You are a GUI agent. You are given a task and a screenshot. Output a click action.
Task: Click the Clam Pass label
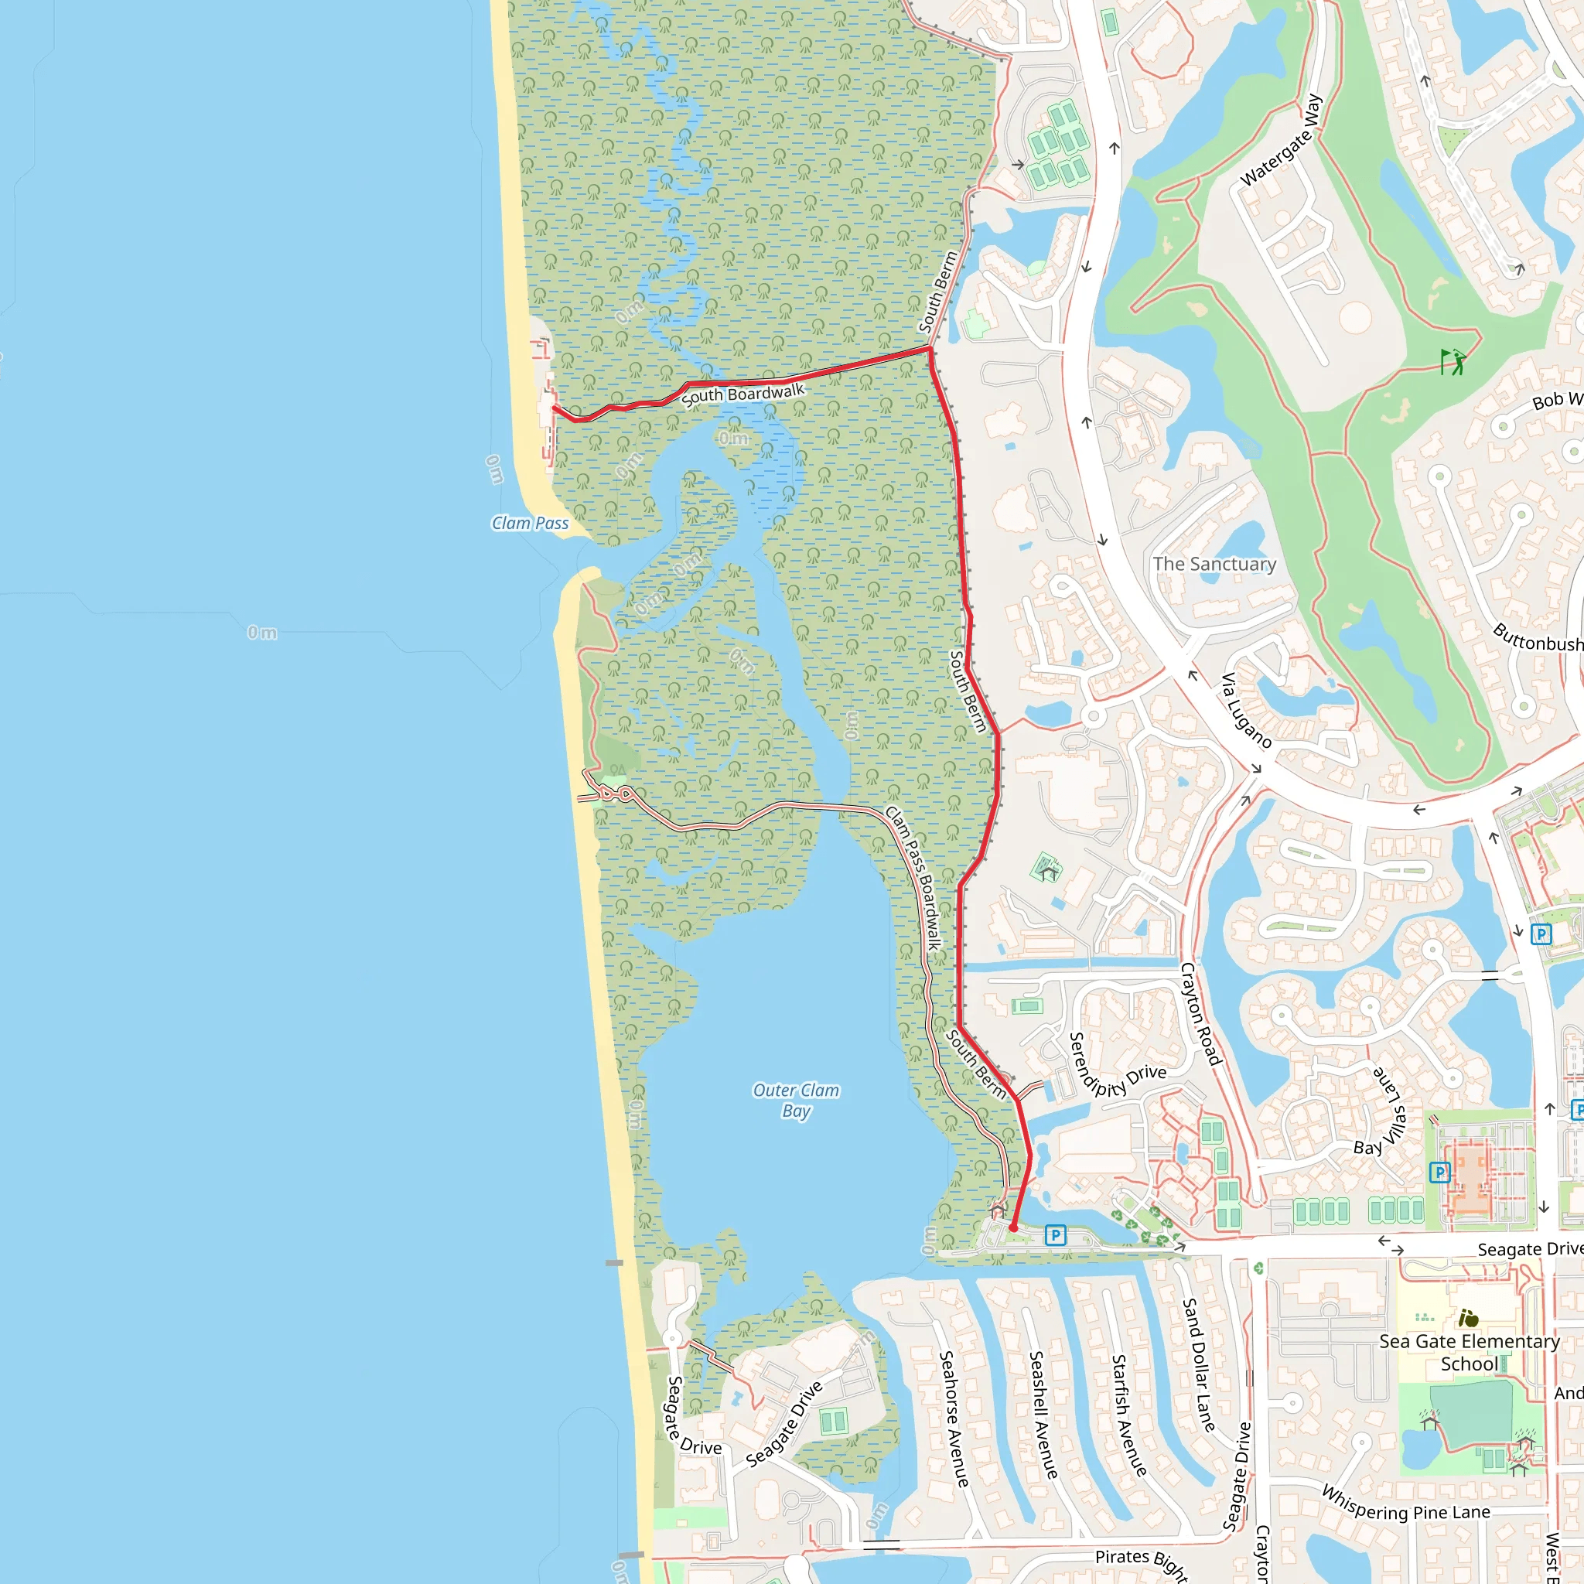[530, 523]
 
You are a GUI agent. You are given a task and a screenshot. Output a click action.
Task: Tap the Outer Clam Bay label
[796, 1101]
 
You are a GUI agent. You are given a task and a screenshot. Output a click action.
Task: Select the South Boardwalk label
[742, 395]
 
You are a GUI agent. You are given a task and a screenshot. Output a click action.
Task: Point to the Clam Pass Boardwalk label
[914, 878]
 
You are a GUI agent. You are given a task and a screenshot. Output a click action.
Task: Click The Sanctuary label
[1214, 564]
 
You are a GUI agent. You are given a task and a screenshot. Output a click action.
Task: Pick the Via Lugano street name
[1246, 710]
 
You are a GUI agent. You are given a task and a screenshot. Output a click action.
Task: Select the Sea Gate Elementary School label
[1470, 1352]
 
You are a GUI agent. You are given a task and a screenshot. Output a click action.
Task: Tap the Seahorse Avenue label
[954, 1418]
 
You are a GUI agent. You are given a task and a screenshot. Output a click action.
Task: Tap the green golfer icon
[1452, 360]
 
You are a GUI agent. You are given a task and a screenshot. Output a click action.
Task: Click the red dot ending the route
[1013, 1228]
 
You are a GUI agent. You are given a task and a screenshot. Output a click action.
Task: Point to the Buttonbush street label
[1538, 640]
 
